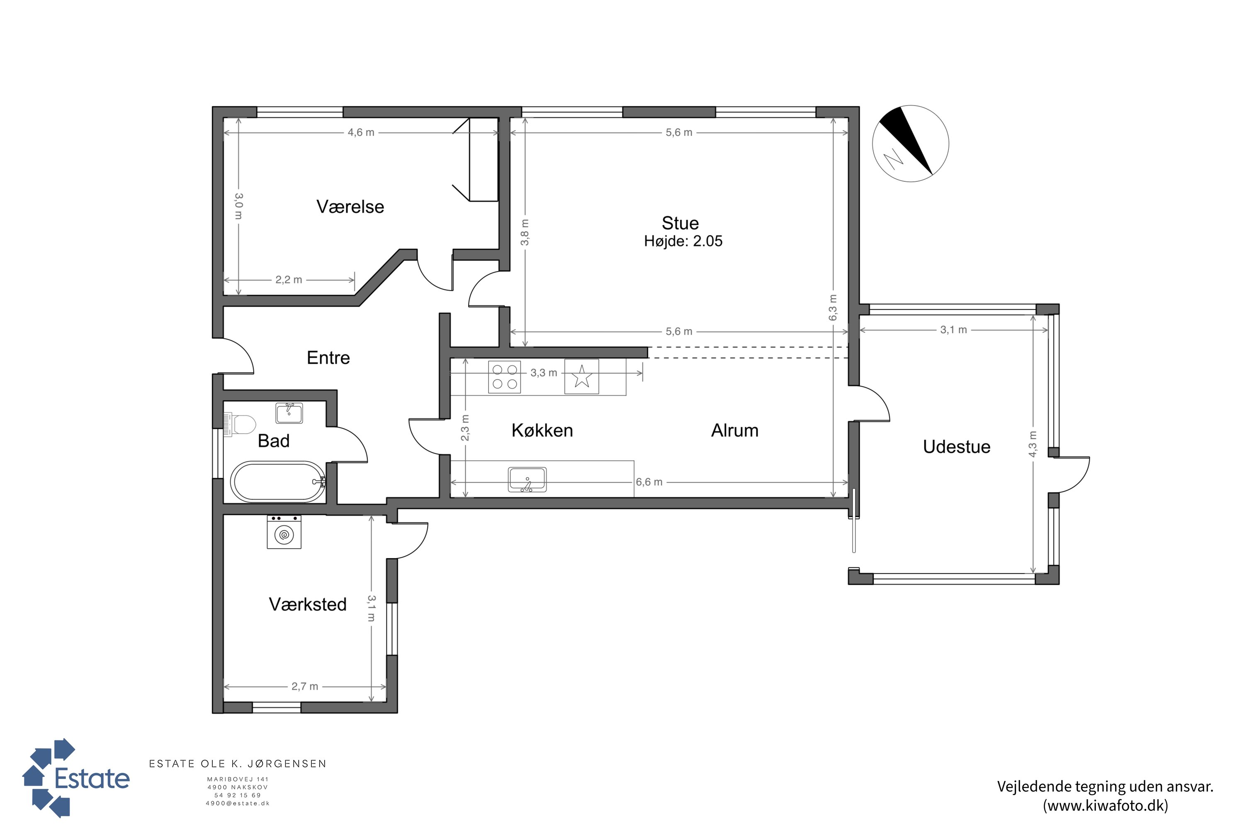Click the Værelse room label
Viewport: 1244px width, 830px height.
(350, 206)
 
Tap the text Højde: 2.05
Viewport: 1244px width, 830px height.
(683, 242)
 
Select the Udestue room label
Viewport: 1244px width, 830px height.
(956, 447)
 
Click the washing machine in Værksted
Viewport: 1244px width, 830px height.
(284, 532)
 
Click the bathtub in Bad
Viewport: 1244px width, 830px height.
(278, 482)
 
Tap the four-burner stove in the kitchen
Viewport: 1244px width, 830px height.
(505, 377)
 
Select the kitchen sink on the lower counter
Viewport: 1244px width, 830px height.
(527, 480)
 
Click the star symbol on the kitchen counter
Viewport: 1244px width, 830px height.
(582, 376)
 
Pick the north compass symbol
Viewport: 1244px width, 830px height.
(910, 144)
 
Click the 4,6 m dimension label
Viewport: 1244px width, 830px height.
(361, 132)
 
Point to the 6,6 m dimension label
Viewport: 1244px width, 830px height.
(649, 482)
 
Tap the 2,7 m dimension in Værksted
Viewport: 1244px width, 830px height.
(305, 686)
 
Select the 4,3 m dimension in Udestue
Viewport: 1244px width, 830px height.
(1033, 444)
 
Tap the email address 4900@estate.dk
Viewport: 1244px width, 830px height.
(238, 803)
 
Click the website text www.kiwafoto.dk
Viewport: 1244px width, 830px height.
(1106, 806)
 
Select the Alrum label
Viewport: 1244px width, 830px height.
(735, 430)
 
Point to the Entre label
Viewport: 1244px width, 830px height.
(328, 358)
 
